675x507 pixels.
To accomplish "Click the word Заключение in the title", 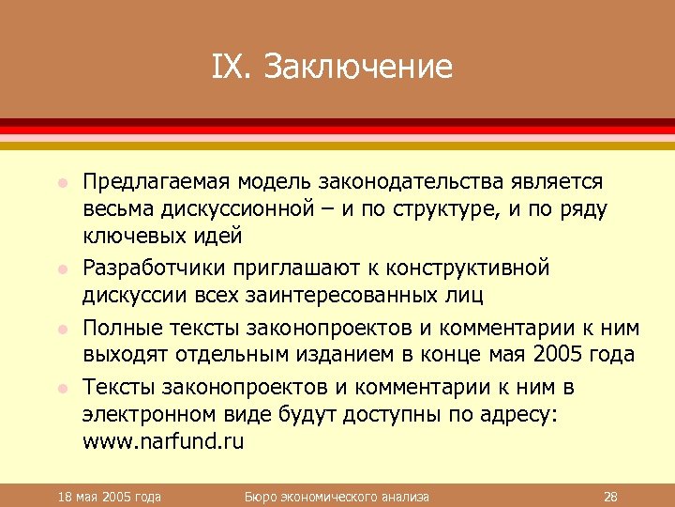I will click(359, 67).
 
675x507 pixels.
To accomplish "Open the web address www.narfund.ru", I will click(163, 442).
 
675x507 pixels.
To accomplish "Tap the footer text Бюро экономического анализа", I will click(336, 496).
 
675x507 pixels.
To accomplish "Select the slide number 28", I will click(609, 496).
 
